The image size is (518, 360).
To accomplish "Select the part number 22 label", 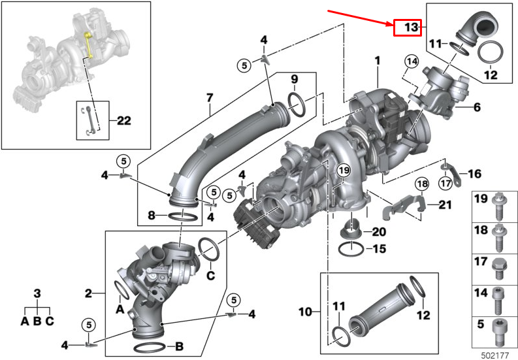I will click(123, 120).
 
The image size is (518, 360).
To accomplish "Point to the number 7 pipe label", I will click(210, 98).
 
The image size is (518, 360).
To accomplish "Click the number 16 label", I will click(474, 174).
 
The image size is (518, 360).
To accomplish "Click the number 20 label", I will click(379, 231).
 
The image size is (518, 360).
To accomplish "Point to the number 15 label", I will click(379, 248).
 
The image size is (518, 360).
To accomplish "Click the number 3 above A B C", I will click(37, 294).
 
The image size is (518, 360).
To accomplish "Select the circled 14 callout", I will click(410, 62).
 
